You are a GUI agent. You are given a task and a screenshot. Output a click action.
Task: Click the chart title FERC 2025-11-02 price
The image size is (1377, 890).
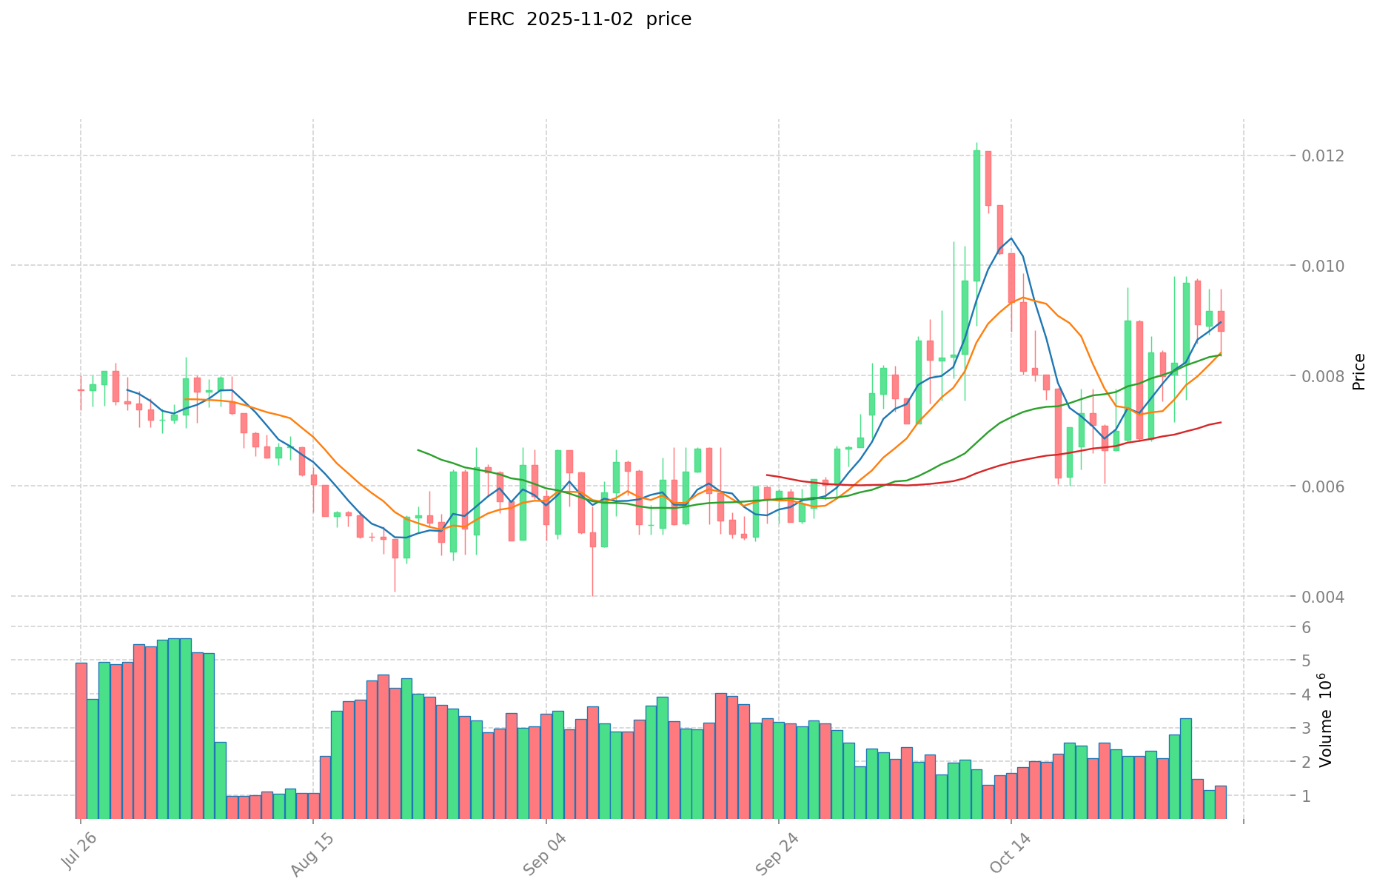tap(579, 19)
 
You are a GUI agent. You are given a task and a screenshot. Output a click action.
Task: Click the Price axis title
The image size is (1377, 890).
tap(1358, 372)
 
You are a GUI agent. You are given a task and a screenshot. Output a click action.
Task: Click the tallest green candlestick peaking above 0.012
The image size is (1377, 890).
tap(976, 215)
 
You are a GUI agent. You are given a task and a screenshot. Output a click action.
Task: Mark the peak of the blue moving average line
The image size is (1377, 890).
tap(1011, 238)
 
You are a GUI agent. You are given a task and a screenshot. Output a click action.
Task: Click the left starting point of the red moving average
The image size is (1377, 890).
tap(767, 475)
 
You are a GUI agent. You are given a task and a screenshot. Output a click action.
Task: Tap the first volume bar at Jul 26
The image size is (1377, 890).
tap(81, 740)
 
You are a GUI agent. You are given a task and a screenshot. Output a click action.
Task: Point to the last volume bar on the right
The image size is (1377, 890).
tap(1221, 802)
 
